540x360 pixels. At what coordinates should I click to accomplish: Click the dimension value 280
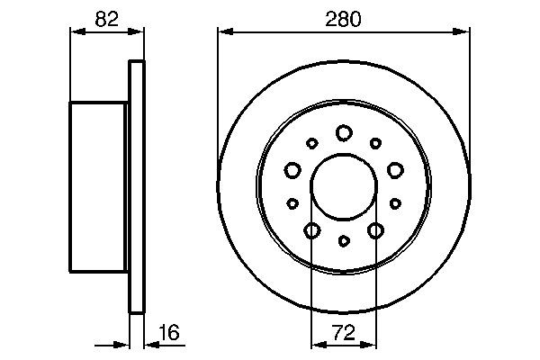pyautogui.click(x=343, y=18)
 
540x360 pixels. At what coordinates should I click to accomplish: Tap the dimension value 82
pyautogui.click(x=106, y=18)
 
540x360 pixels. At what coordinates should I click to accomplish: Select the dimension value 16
pyautogui.click(x=168, y=332)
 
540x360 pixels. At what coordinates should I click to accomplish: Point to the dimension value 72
pyautogui.click(x=343, y=332)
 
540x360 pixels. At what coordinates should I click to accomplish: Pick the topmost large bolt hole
pyautogui.click(x=343, y=133)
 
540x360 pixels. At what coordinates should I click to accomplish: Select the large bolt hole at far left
pyautogui.click(x=292, y=169)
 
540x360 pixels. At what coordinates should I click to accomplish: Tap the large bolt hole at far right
pyautogui.click(x=394, y=169)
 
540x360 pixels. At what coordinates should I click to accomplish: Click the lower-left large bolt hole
pyautogui.click(x=311, y=231)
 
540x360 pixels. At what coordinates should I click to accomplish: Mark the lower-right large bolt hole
pyautogui.click(x=374, y=231)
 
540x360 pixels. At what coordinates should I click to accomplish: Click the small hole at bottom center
pyautogui.click(x=343, y=241)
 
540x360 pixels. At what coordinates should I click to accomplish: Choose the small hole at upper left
pyautogui.click(x=311, y=142)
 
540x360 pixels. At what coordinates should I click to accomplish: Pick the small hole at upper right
pyautogui.click(x=374, y=142)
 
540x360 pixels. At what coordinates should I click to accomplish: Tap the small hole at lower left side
pyautogui.click(x=292, y=203)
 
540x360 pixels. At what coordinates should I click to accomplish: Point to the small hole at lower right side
pyautogui.click(x=394, y=203)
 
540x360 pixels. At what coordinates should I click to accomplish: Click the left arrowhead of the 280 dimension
pyautogui.click(x=223, y=33)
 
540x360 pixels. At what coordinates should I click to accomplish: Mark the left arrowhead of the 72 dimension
pyautogui.click(x=316, y=345)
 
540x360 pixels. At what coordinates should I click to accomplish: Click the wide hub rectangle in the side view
pyautogui.click(x=98, y=186)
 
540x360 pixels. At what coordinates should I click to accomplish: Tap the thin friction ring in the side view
pyautogui.click(x=137, y=186)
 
